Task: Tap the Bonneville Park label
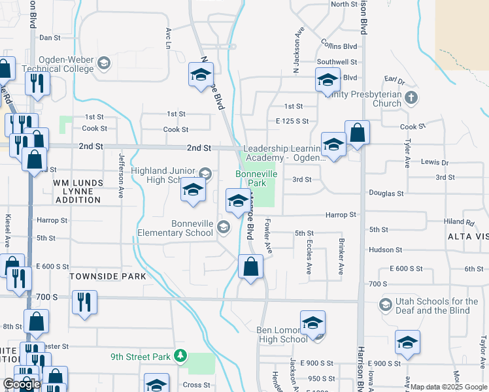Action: tap(256, 179)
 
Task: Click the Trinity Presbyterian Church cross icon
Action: tap(411, 98)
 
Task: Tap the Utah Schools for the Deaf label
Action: tap(437, 306)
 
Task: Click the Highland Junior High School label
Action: tap(164, 175)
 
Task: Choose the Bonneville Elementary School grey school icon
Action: tap(224, 227)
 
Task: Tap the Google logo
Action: tap(22, 384)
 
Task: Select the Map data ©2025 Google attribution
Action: tap(448, 387)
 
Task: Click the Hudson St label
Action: tap(385, 250)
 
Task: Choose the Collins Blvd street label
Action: tap(339, 46)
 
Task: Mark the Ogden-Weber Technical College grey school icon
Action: tap(103, 63)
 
